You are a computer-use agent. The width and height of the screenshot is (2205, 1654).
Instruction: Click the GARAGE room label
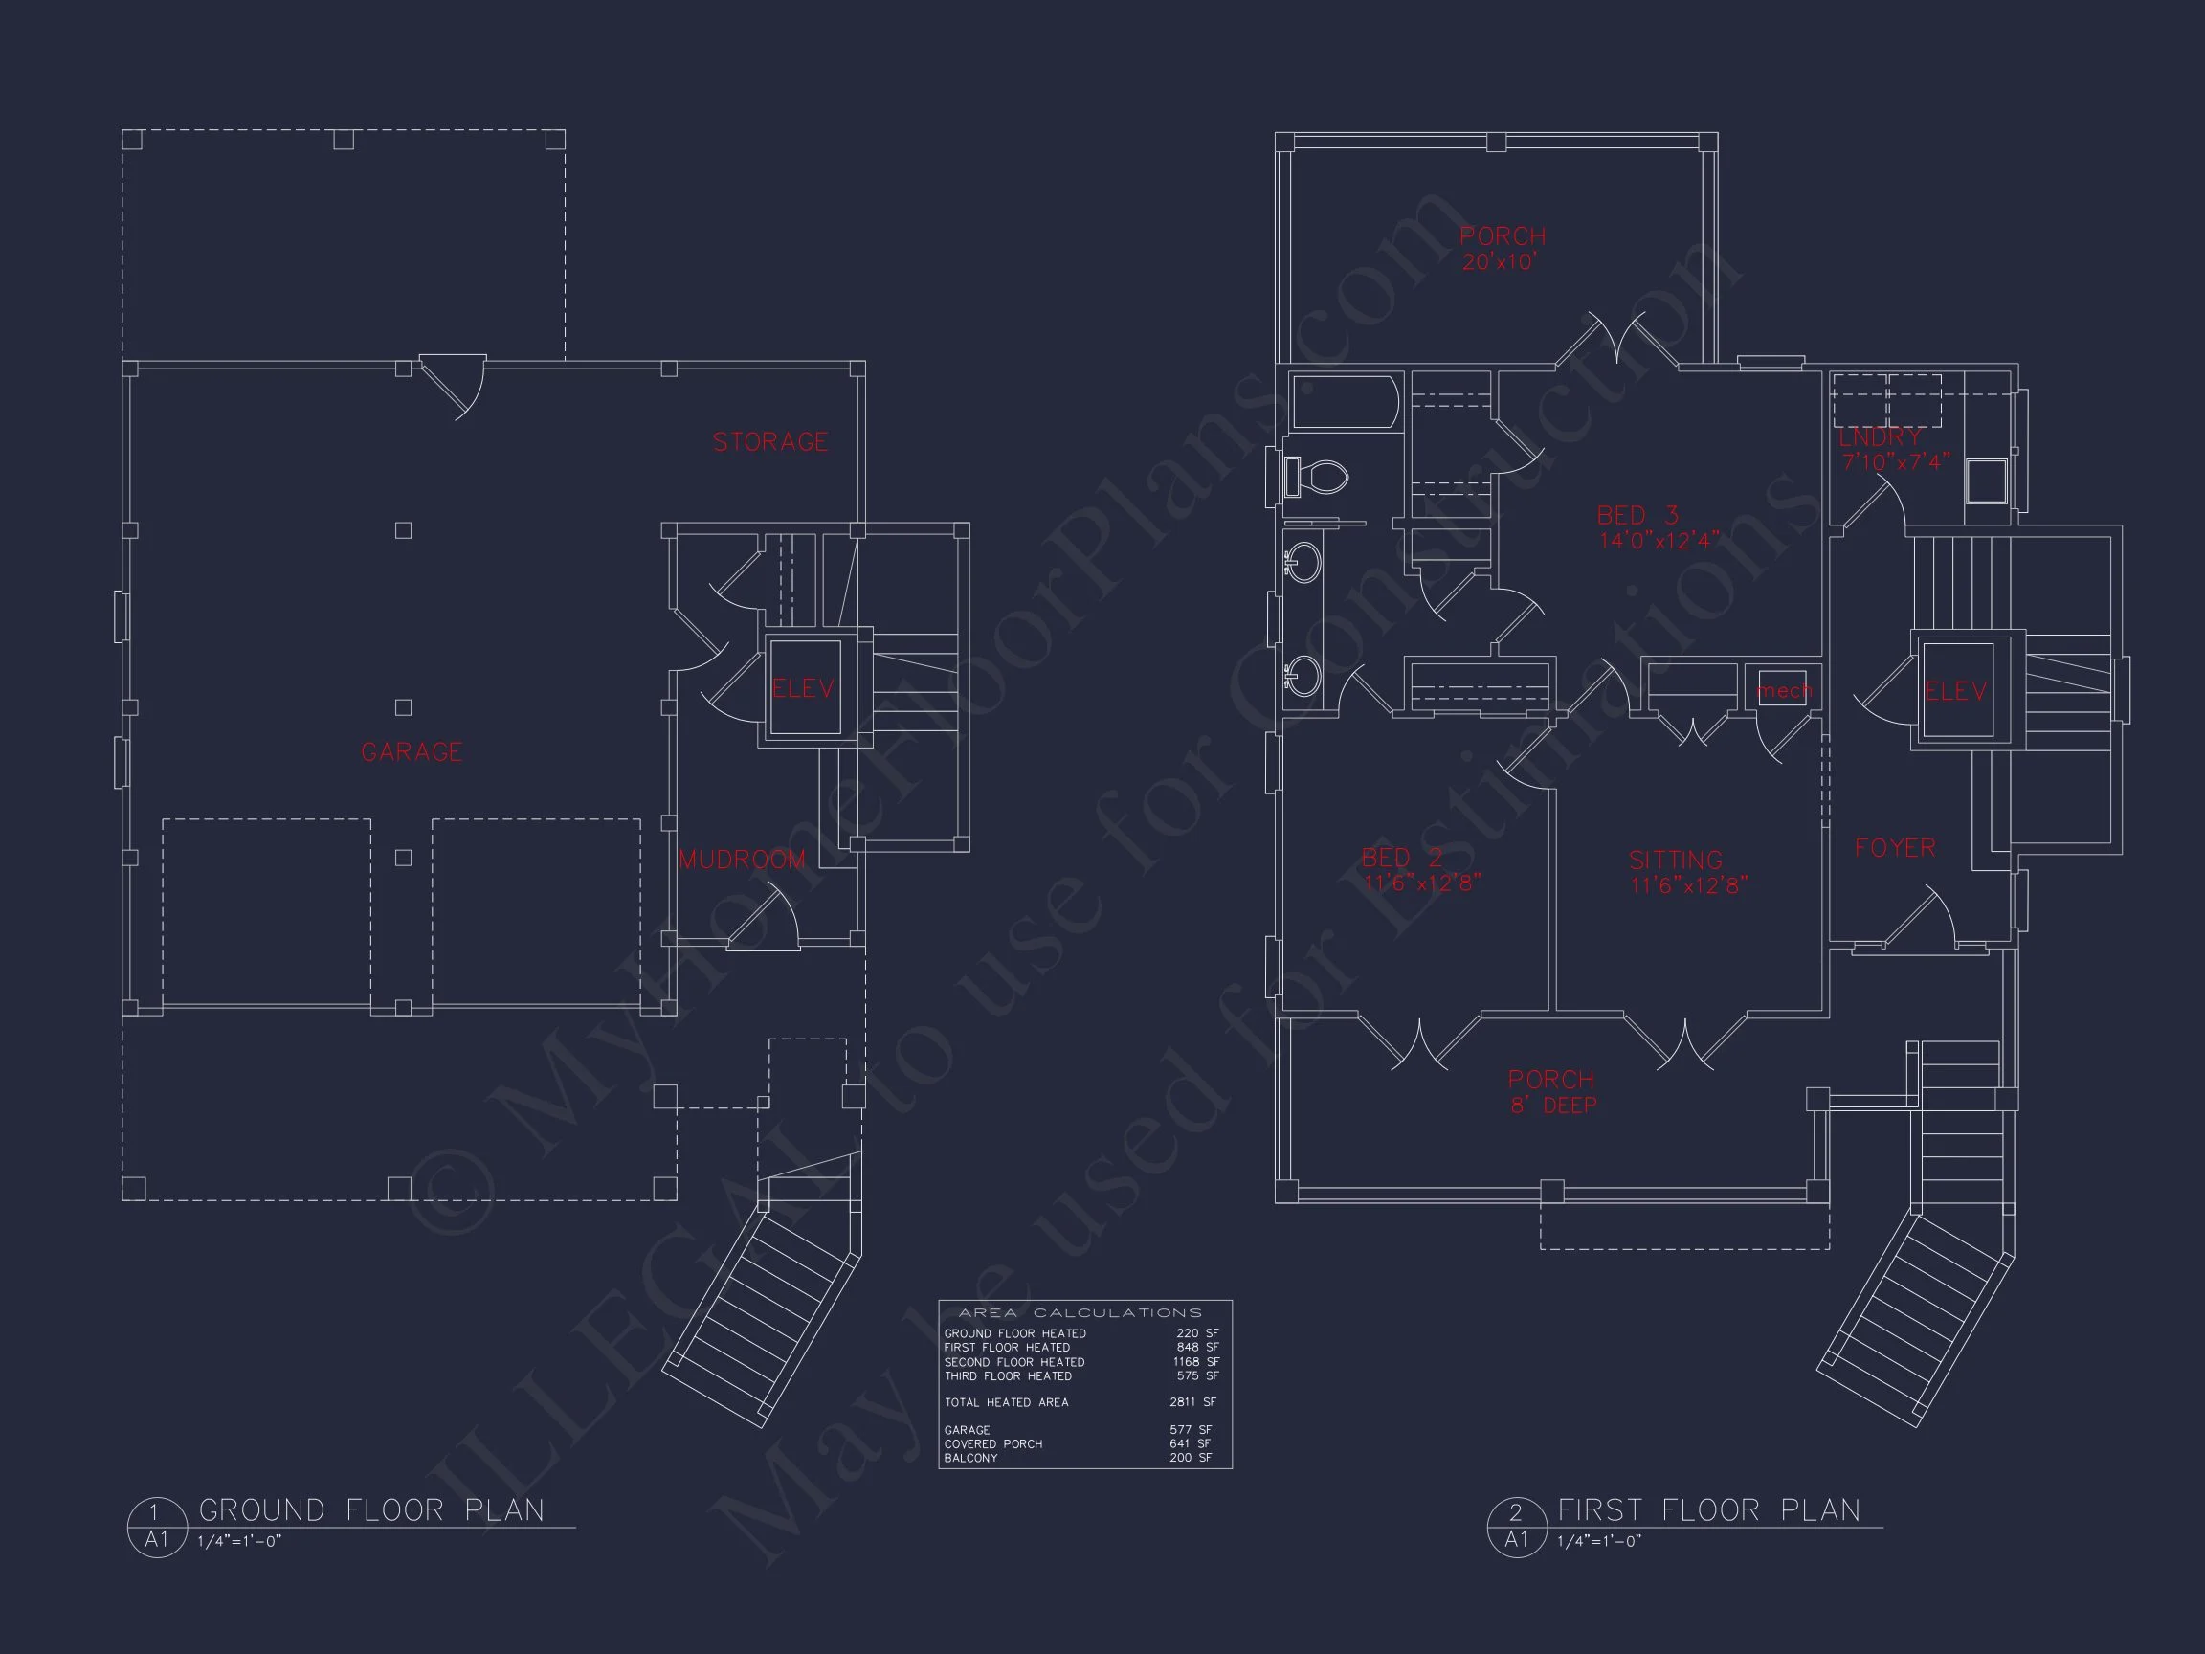pyautogui.click(x=412, y=751)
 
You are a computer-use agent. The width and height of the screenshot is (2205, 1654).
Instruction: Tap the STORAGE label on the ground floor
pyautogui.click(x=770, y=441)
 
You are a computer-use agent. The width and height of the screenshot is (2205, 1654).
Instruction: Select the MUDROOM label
pyautogui.click(x=743, y=860)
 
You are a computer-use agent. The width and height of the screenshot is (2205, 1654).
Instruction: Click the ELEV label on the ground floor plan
pyautogui.click(x=804, y=688)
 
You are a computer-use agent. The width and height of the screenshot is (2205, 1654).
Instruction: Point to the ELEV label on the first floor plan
pyautogui.click(x=1956, y=691)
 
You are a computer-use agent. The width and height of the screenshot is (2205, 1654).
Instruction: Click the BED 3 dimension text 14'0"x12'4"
pyautogui.click(x=1659, y=541)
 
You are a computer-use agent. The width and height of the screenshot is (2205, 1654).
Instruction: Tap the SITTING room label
pyautogui.click(x=1676, y=860)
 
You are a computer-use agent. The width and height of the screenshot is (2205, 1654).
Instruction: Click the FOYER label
pyautogui.click(x=1895, y=847)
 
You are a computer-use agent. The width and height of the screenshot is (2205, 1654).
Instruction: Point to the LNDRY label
pyautogui.click(x=1881, y=437)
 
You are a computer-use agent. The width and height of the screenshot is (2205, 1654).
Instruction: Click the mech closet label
pyautogui.click(x=1784, y=690)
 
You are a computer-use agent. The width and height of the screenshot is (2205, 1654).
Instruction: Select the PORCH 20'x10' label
pyautogui.click(x=1503, y=248)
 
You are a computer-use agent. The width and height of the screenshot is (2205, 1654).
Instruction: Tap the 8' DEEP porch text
pyautogui.click(x=1554, y=1106)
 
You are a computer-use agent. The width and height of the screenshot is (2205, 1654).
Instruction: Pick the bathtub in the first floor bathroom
pyautogui.click(x=1346, y=402)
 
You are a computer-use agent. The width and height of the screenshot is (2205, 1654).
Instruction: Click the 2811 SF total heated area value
pyautogui.click(x=1193, y=1401)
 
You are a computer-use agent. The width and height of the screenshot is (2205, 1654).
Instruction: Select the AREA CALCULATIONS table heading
pyautogui.click(x=1080, y=1313)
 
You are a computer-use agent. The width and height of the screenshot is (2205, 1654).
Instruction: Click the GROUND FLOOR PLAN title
pyautogui.click(x=372, y=1510)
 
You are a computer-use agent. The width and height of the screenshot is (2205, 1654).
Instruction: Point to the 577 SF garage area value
pyautogui.click(x=1192, y=1430)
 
